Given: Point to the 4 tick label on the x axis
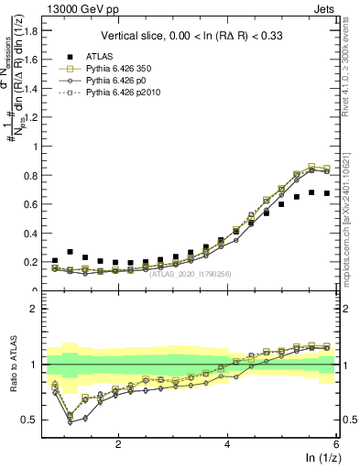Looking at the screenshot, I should [227, 443].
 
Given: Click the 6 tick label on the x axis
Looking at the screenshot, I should [336, 443].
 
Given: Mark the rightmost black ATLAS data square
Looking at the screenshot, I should [327, 193].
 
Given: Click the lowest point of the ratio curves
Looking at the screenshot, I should [70, 423].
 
